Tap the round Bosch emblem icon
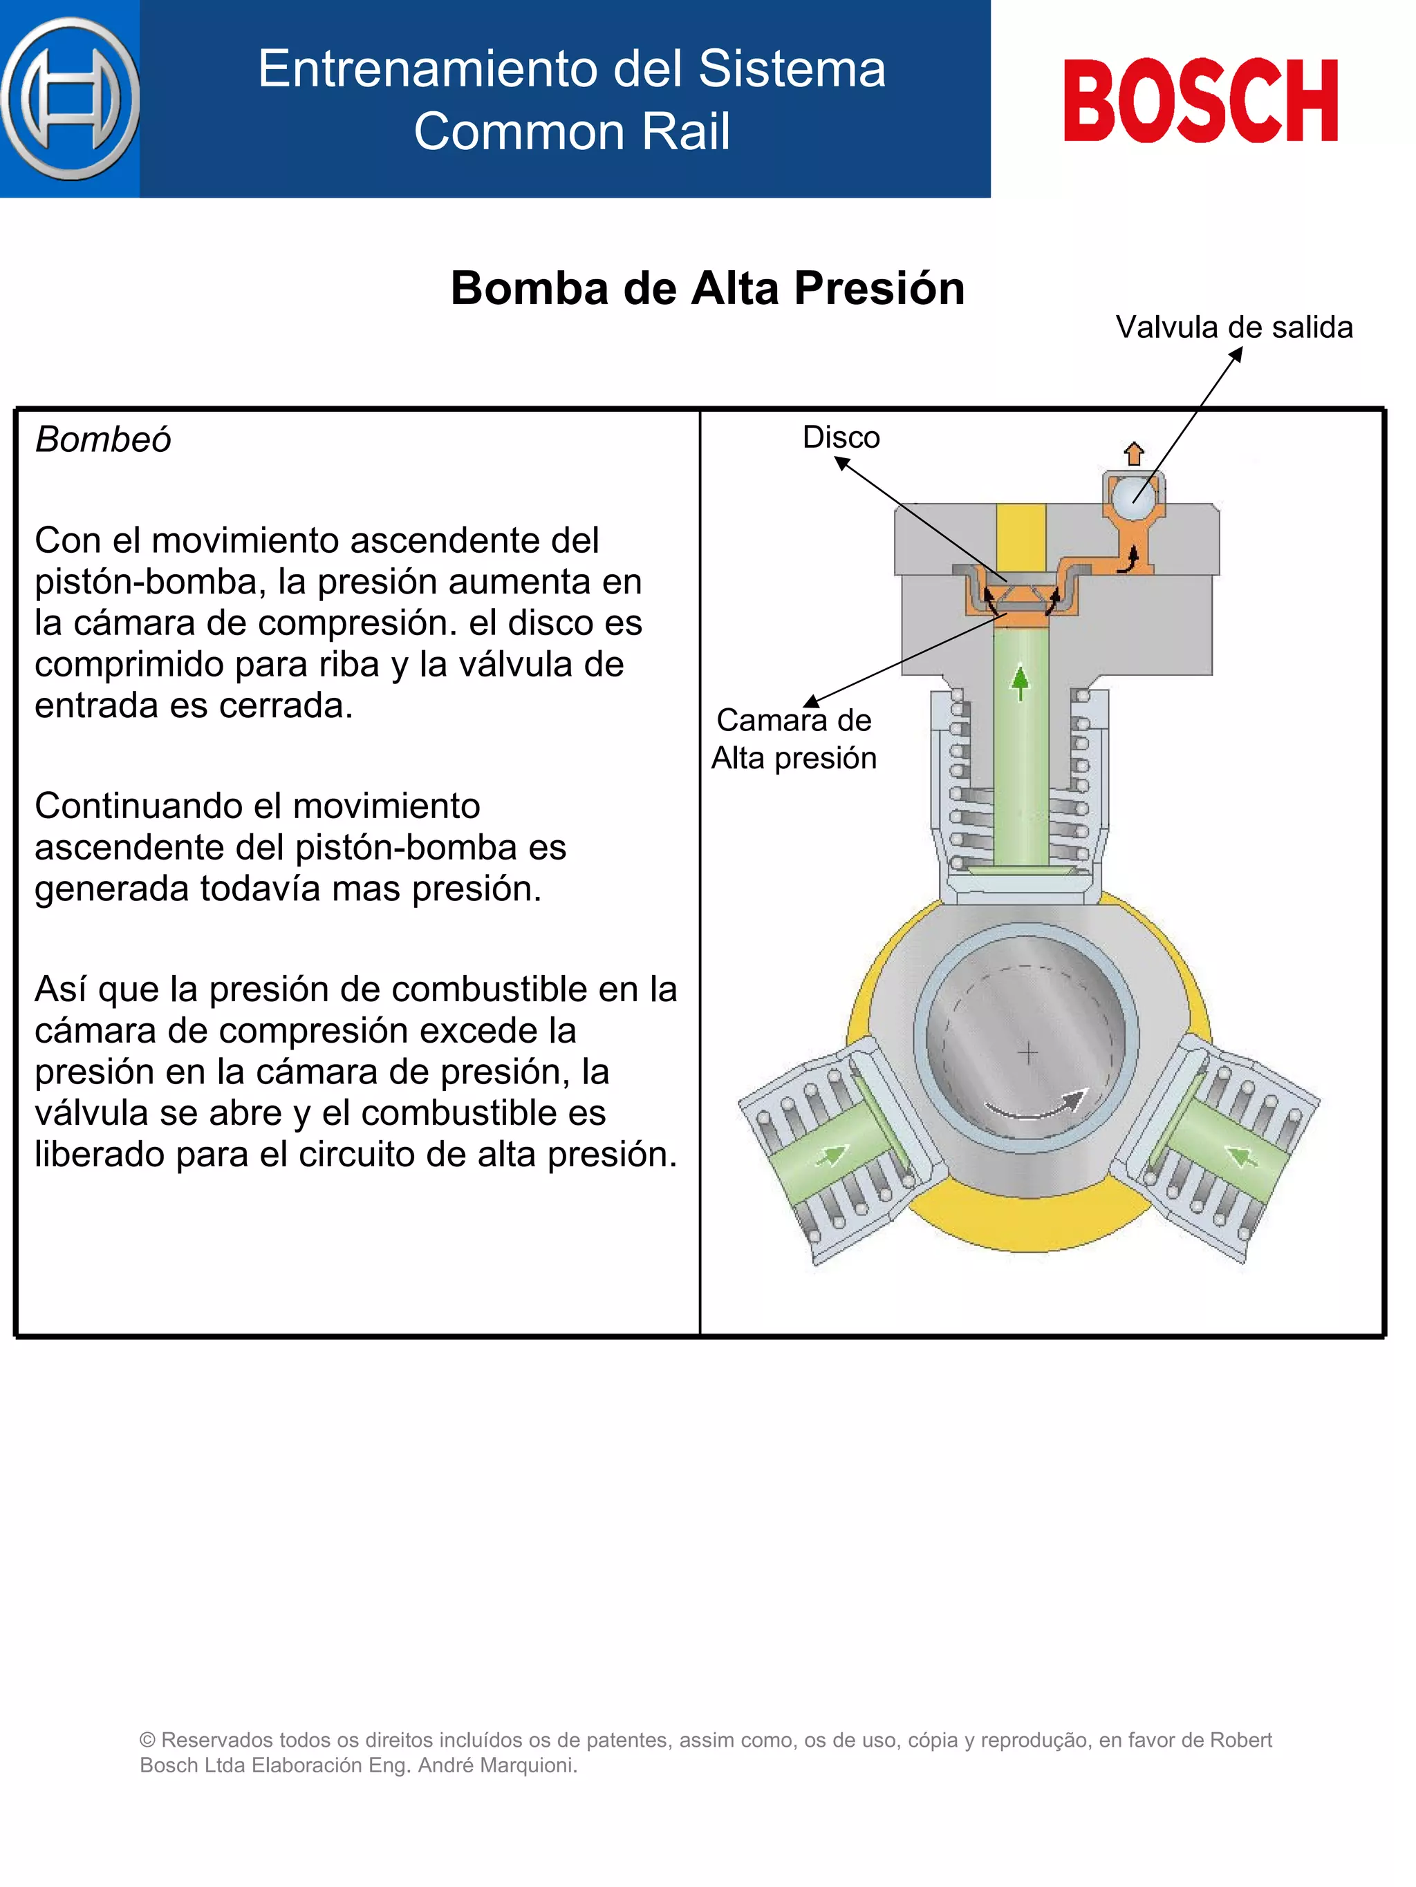[x=71, y=99]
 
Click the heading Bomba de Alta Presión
[x=707, y=288]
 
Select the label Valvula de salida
[x=1233, y=328]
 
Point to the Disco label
[x=841, y=437]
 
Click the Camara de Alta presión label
[x=794, y=739]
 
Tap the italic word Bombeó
[x=103, y=440]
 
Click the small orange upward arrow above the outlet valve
[x=1133, y=453]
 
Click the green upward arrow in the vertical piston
[x=1020, y=683]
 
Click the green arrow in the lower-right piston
[x=1242, y=1156]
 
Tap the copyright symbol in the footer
[x=148, y=1741]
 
